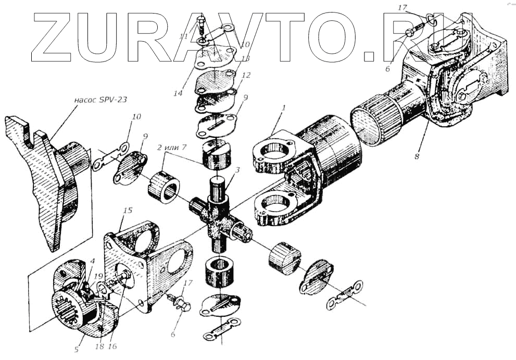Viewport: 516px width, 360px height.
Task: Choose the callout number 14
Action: pos(179,94)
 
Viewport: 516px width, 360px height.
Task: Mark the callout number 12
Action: pos(246,76)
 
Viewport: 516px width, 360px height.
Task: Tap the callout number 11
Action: pos(183,36)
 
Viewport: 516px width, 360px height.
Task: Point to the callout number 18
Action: pos(100,345)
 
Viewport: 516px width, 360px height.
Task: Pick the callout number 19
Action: pos(99,277)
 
